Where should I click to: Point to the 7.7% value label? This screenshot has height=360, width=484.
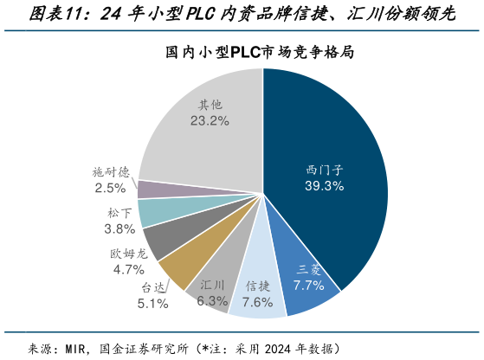[308, 284]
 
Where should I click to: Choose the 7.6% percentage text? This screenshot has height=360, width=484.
[257, 301]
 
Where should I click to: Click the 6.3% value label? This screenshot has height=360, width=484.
[212, 300]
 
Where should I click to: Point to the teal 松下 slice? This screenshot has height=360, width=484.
[156, 212]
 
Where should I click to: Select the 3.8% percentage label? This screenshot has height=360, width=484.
[119, 228]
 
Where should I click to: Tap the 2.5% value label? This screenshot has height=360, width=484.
[111, 187]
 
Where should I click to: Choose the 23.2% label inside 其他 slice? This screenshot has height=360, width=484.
[209, 122]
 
